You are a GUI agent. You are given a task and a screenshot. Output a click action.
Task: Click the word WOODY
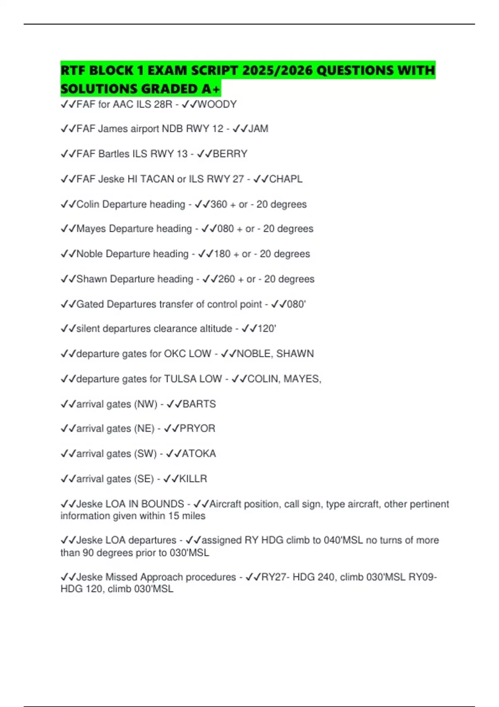pyautogui.click(x=217, y=104)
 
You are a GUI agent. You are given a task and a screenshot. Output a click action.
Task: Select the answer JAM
pyautogui.click(x=258, y=129)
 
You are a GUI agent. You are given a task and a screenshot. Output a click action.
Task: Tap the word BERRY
pyautogui.click(x=230, y=154)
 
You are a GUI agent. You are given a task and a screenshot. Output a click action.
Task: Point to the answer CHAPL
pyautogui.click(x=286, y=179)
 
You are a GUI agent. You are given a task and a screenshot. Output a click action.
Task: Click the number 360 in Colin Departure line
pyautogui.click(x=219, y=204)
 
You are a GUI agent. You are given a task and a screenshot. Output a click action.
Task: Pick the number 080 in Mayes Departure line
pyautogui.click(x=225, y=229)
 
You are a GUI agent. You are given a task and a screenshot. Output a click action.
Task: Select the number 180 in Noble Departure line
pyautogui.click(x=222, y=254)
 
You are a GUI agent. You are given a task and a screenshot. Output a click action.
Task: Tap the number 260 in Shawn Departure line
pyautogui.click(x=227, y=279)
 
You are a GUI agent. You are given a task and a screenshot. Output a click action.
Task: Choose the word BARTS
pyautogui.click(x=199, y=404)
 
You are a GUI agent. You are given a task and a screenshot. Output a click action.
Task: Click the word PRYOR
pyautogui.click(x=197, y=428)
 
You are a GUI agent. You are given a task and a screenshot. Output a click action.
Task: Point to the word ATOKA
pyautogui.click(x=199, y=453)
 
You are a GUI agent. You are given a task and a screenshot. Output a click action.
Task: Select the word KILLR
pyautogui.click(x=193, y=479)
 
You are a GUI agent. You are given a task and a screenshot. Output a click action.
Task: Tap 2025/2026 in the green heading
pyautogui.click(x=277, y=70)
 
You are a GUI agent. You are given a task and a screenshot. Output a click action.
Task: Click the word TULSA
pyautogui.click(x=179, y=379)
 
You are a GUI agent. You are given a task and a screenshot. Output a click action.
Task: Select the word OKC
pyautogui.click(x=175, y=353)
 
